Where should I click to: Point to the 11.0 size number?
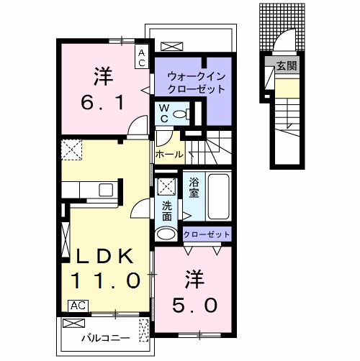click(x=104, y=281)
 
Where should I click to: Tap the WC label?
click(x=164, y=112)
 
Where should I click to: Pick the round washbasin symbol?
click(x=166, y=234)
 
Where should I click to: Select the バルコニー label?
click(x=100, y=337)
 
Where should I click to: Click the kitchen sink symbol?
click(x=105, y=191)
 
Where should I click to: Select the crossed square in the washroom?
click(x=166, y=186)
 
